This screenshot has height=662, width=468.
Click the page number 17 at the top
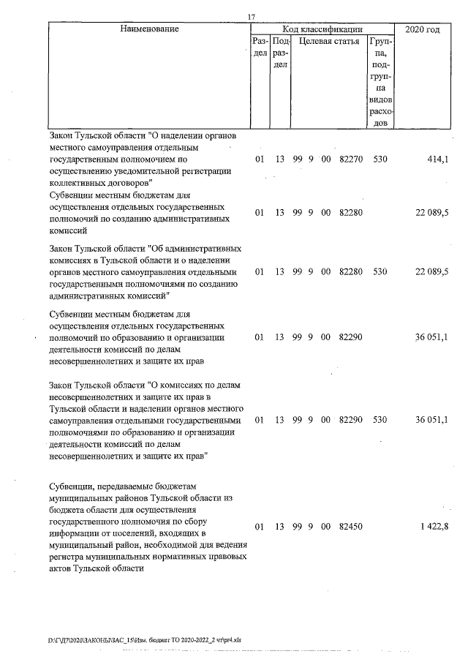coord(251,17)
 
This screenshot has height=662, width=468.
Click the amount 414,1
coord(436,159)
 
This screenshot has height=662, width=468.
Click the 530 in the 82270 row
coord(380,159)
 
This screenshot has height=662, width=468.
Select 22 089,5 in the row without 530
coord(431,213)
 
